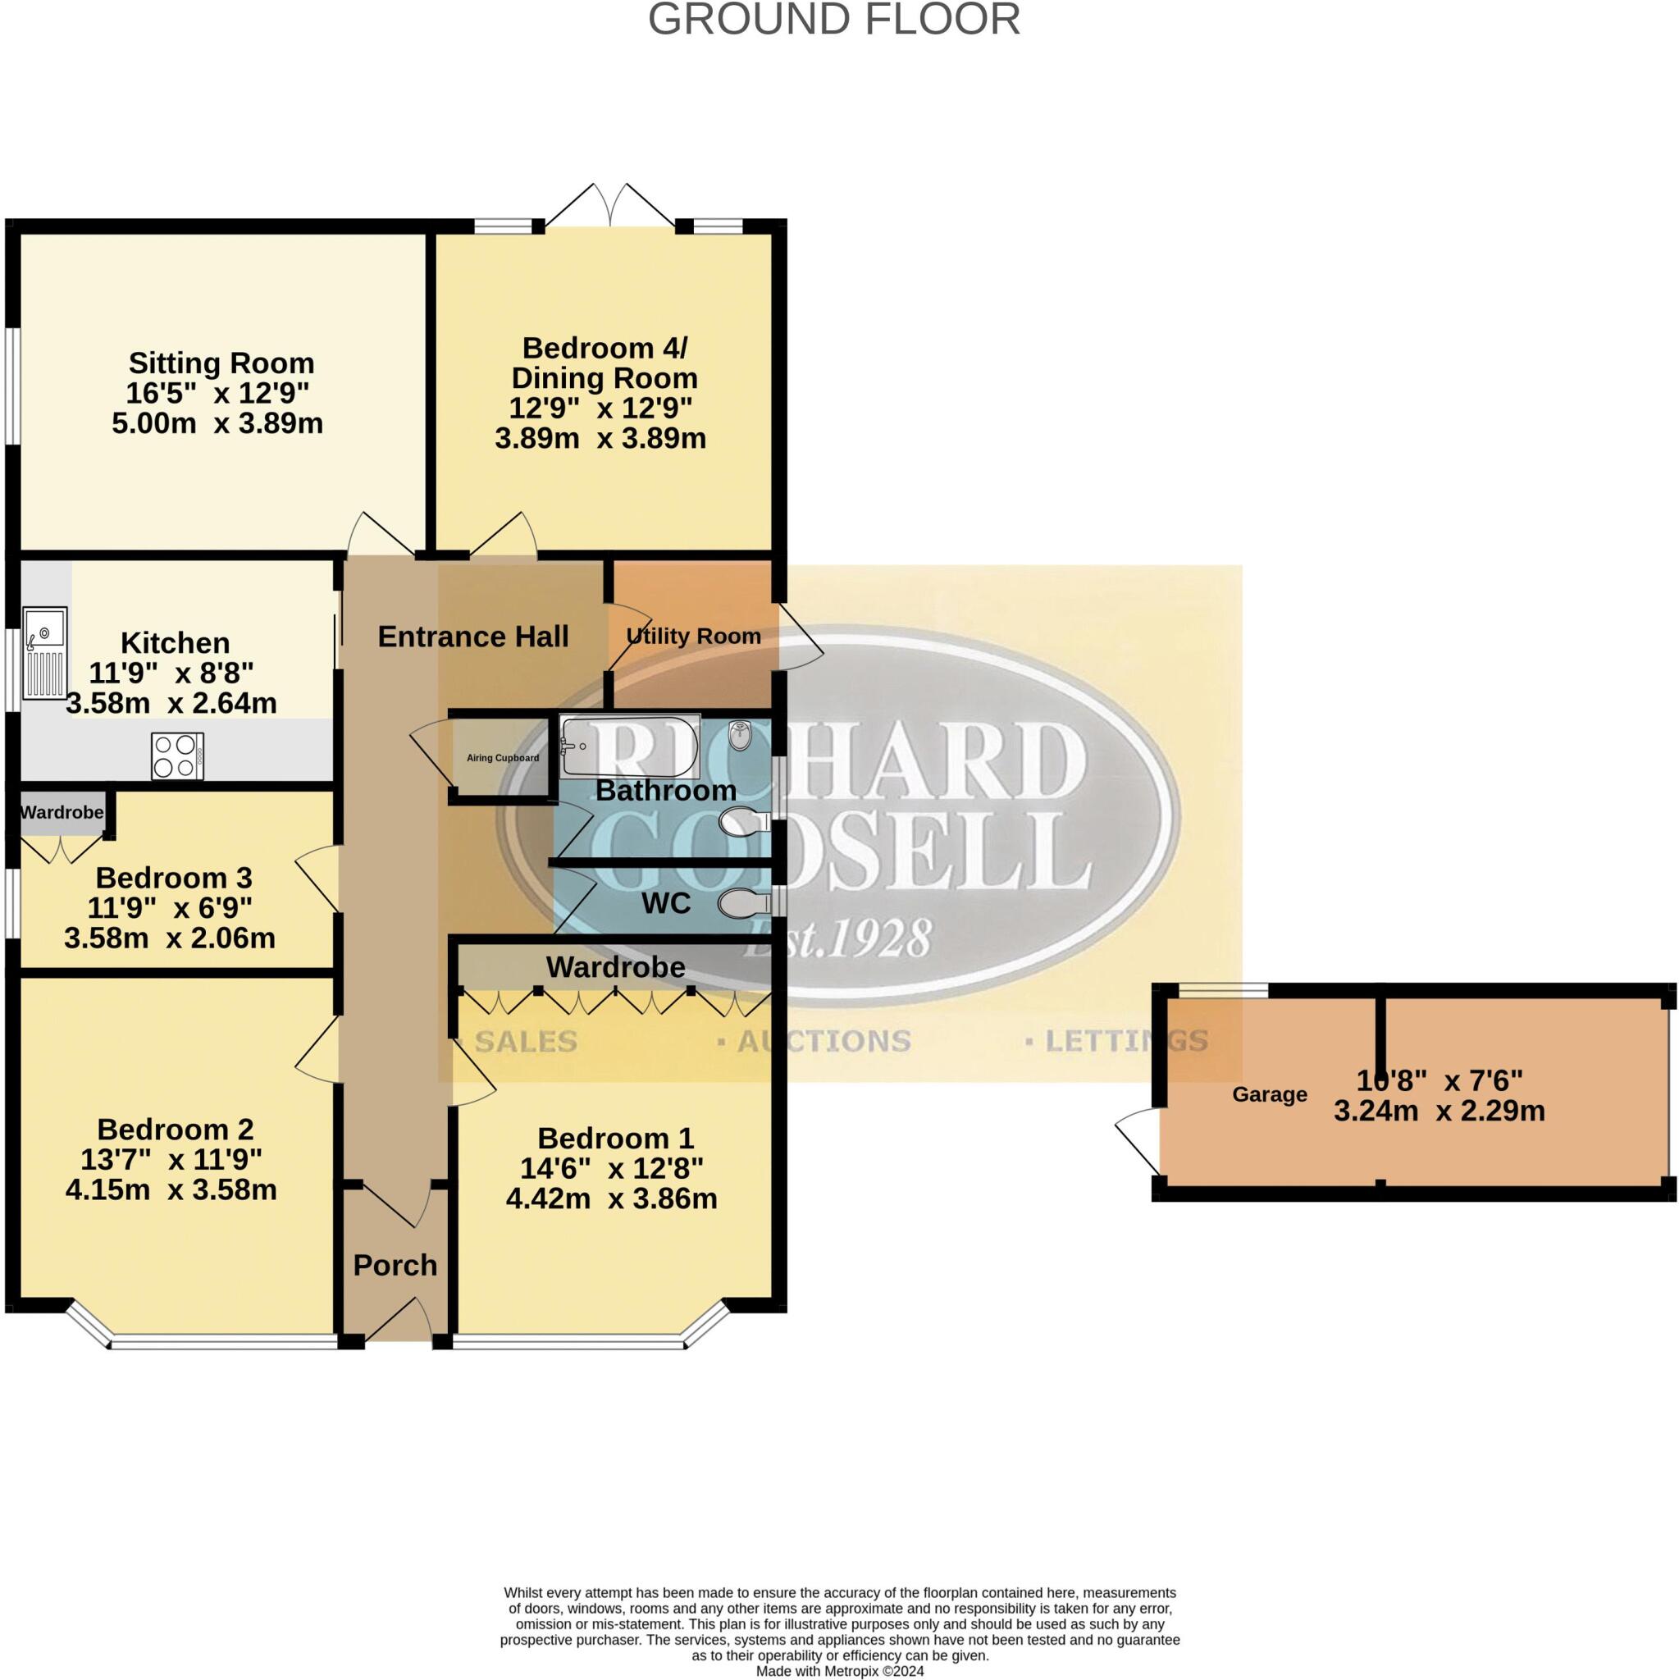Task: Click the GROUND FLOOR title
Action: pyautogui.click(x=834, y=20)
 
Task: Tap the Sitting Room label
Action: pyautogui.click(x=221, y=363)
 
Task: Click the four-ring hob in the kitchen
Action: pyautogui.click(x=177, y=756)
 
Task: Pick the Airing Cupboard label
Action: pyautogui.click(x=503, y=757)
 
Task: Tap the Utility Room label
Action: pyautogui.click(x=693, y=636)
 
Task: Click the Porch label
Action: pyautogui.click(x=395, y=1264)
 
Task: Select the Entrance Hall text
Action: pyautogui.click(x=473, y=637)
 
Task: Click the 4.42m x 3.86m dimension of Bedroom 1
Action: pyautogui.click(x=611, y=1198)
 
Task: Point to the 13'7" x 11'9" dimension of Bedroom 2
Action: pyautogui.click(x=171, y=1159)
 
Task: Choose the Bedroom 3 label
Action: pyautogui.click(x=173, y=878)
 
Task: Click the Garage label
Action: pyautogui.click(x=1269, y=1095)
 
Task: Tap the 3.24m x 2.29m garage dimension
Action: pyautogui.click(x=1439, y=1111)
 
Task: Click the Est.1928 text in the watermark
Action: pyautogui.click(x=837, y=939)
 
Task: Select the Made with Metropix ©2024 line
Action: pyautogui.click(x=839, y=1671)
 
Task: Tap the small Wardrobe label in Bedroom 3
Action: pyautogui.click(x=62, y=812)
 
